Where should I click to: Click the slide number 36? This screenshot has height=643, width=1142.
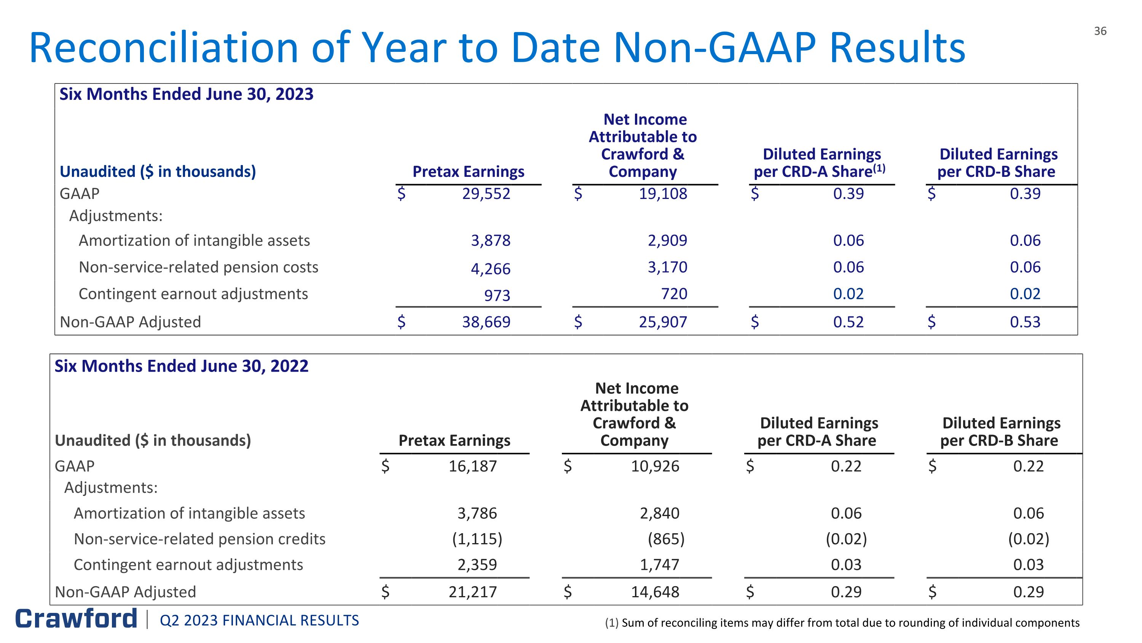pyautogui.click(x=1100, y=31)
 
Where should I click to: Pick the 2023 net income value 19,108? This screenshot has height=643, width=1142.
pyautogui.click(x=663, y=194)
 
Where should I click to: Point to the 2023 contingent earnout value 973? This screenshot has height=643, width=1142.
pyautogui.click(x=497, y=295)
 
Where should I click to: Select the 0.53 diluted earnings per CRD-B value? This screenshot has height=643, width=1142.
pyautogui.click(x=1025, y=322)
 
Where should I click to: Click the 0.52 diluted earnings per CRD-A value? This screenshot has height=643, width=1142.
pyautogui.click(x=848, y=322)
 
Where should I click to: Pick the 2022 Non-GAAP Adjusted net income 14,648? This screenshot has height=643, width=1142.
pyautogui.click(x=655, y=592)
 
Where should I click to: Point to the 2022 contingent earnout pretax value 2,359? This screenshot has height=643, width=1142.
pyautogui.click(x=477, y=564)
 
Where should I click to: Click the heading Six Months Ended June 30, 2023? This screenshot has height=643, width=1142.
pyautogui.click(x=186, y=94)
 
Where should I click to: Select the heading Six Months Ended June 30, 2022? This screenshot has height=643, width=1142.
pyautogui.click(x=181, y=366)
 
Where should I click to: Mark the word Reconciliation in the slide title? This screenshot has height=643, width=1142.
pyautogui.click(x=164, y=48)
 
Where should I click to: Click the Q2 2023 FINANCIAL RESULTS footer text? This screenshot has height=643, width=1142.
pyautogui.click(x=259, y=621)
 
